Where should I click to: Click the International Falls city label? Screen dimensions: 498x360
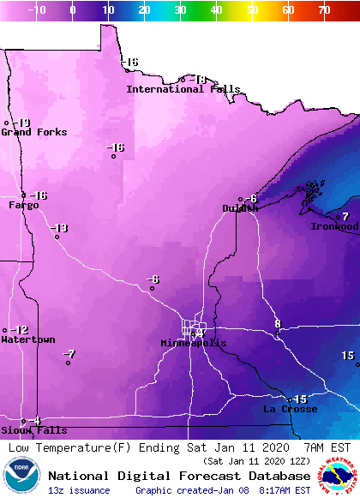coord(183,89)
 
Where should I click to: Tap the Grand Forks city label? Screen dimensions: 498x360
coord(33,132)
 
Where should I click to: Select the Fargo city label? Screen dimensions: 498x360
coord(24,206)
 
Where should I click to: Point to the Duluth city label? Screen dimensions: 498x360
coord(240,208)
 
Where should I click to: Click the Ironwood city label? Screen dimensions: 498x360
coord(335,226)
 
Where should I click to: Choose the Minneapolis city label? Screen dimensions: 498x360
coord(194,343)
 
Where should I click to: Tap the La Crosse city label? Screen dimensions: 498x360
coord(290,410)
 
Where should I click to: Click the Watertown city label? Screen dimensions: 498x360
coord(27,340)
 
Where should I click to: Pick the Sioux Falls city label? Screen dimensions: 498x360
coord(21,430)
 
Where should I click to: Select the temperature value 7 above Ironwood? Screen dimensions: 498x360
coord(345,217)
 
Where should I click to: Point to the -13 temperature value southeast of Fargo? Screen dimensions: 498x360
coord(58,228)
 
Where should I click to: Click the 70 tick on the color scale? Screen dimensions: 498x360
coord(323,9)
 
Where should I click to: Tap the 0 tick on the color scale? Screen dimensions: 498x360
coord(73,9)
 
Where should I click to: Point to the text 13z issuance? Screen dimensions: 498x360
coord(79,490)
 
